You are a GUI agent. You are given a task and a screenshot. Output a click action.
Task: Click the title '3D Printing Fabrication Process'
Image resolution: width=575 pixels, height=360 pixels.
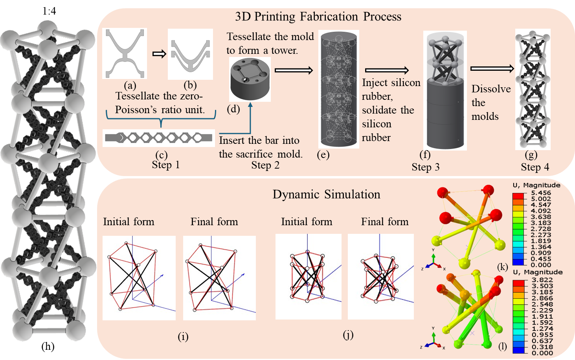[318, 17]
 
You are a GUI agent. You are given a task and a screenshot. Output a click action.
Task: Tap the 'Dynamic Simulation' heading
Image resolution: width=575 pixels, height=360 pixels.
[326, 194]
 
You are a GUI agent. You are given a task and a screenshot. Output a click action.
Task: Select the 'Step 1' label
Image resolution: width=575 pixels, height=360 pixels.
[165, 165]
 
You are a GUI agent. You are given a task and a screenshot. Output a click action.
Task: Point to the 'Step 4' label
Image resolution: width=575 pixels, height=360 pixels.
[535, 167]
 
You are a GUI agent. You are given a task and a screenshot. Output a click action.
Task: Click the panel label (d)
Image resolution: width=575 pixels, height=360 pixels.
[233, 108]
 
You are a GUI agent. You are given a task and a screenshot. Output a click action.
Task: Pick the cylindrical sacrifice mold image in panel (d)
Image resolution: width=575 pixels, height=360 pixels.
[250, 79]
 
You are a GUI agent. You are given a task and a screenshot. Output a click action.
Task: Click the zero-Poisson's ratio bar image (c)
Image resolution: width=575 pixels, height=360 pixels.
[159, 138]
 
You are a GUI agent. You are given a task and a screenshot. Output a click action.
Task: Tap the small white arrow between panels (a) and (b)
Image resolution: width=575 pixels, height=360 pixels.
[159, 54]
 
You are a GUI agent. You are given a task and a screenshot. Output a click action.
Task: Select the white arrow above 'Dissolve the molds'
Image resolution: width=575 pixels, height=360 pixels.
[492, 69]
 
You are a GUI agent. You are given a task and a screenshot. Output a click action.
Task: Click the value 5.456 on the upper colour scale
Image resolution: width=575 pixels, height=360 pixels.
[541, 193]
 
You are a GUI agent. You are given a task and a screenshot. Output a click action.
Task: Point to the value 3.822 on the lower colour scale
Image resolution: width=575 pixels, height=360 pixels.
[542, 280]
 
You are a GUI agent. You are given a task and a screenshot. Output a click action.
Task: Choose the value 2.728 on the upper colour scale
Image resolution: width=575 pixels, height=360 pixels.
[541, 229]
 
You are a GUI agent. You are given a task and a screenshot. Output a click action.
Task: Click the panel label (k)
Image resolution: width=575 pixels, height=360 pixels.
[502, 267]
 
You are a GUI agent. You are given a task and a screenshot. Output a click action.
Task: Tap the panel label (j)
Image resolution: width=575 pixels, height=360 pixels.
[348, 334]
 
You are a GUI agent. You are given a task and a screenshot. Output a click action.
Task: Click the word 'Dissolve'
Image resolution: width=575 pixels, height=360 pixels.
[491, 89]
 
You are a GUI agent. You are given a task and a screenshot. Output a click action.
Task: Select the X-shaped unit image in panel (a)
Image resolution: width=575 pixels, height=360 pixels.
[125, 53]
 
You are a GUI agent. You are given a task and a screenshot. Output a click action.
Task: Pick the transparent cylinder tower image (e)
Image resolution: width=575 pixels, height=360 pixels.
[339, 90]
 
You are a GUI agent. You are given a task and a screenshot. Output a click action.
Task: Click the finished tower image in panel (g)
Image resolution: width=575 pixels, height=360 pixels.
[533, 89]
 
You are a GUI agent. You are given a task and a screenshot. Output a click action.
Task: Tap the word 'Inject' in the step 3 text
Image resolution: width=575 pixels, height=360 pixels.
[373, 83]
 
